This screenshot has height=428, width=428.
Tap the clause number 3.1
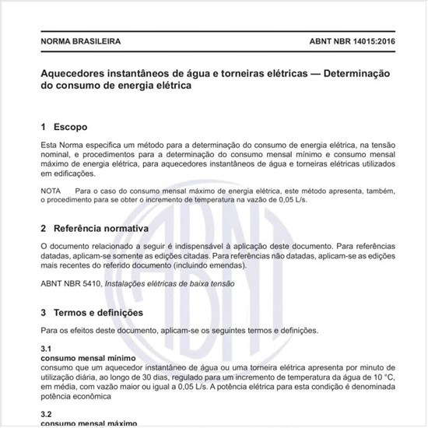tap(46, 349)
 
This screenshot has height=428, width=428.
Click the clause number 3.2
tap(46, 414)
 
